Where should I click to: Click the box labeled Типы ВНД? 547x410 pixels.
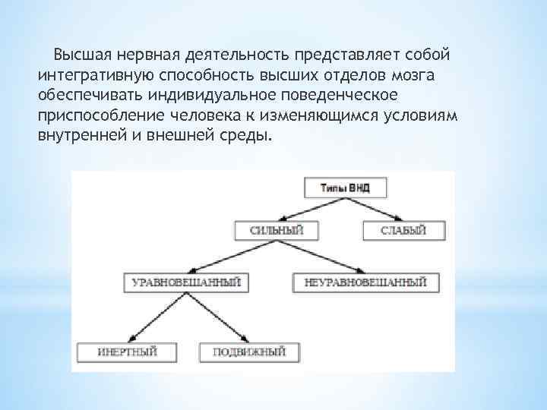345,188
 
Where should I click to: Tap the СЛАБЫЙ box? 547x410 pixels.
403,230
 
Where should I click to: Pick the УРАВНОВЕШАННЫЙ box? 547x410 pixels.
186,282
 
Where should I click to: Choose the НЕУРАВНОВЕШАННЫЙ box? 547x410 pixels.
365,282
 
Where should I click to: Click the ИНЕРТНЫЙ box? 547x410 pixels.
127,352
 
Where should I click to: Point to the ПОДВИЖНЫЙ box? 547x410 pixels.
249,352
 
